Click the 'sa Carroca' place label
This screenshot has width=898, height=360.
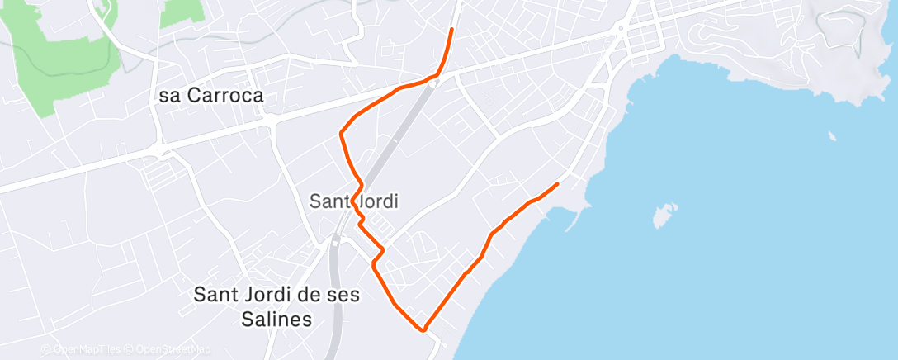[211, 96]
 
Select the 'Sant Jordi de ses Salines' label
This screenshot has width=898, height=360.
[276, 306]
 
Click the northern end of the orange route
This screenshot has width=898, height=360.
[451, 30]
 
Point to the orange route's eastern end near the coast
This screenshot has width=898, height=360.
[558, 183]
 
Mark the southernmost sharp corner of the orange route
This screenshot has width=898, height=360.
[424, 329]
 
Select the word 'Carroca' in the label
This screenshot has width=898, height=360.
[224, 96]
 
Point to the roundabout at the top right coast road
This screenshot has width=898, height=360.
[619, 29]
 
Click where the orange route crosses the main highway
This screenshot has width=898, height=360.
[435, 76]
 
